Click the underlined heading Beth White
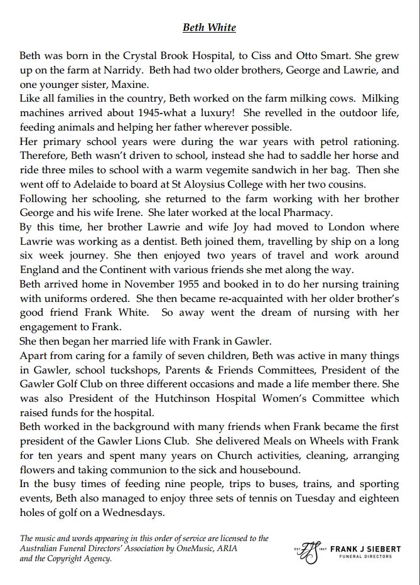coord(209,28)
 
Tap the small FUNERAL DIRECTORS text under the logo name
coord(365,556)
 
